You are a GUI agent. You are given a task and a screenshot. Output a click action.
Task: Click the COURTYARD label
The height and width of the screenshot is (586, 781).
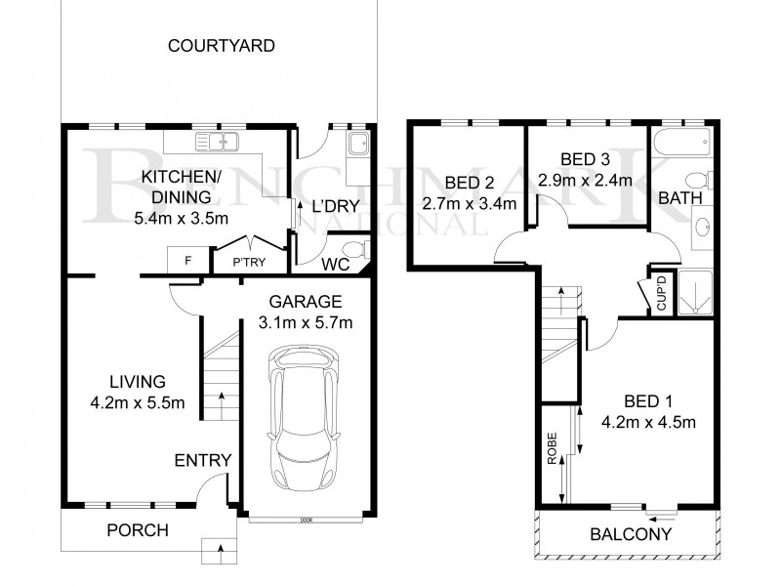click(222, 46)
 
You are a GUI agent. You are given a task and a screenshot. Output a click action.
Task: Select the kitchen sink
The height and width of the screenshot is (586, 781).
click(218, 143)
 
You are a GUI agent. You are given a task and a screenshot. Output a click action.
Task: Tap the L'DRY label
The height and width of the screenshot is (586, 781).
click(336, 206)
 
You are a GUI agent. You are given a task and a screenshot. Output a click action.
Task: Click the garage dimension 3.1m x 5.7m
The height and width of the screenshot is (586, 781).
click(307, 322)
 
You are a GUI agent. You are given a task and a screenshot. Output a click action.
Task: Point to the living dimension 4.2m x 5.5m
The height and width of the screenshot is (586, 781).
click(138, 402)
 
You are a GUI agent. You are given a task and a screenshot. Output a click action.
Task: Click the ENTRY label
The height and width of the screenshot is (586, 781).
click(203, 461)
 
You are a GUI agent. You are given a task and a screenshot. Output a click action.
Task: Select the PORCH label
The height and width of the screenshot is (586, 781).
click(138, 531)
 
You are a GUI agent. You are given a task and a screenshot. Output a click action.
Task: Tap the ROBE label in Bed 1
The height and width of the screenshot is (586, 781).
click(553, 449)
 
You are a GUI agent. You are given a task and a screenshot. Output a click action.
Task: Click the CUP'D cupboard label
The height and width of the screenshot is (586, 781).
click(661, 293)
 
